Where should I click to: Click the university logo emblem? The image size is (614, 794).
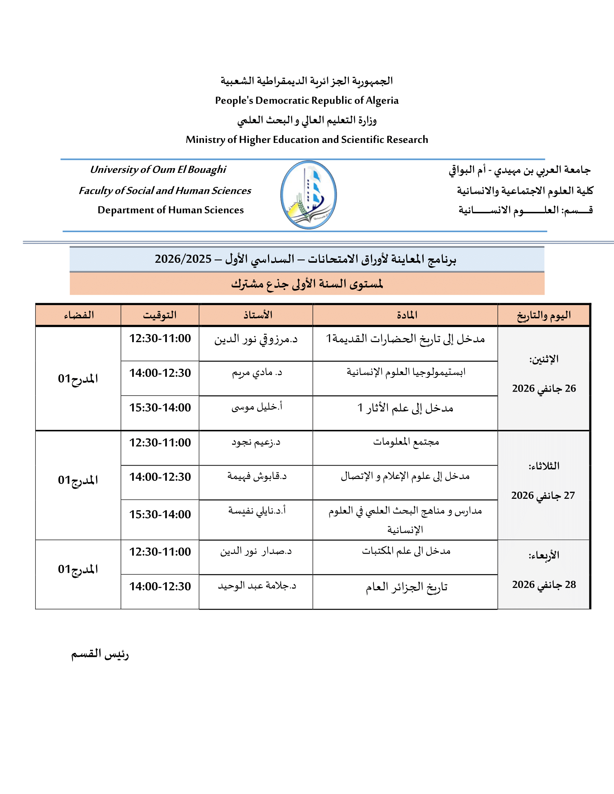pyautogui.click(x=308, y=195)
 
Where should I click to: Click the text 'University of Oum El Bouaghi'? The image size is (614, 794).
pyautogui.click(x=158, y=169)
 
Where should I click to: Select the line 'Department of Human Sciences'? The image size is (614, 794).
pyautogui.click(x=170, y=210)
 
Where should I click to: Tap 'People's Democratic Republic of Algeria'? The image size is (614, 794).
pyautogui.click(x=307, y=100)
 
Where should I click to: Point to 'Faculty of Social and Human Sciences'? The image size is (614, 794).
pyautogui.click(x=165, y=191)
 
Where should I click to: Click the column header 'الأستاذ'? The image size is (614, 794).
pyautogui.click(x=258, y=315)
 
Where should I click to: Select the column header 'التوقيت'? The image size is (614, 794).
pyautogui.click(x=160, y=315)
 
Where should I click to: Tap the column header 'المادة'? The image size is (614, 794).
pyautogui.click(x=407, y=315)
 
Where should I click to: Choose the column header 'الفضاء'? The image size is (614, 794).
pyautogui.click(x=79, y=315)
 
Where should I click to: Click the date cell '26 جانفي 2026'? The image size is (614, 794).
pyautogui.click(x=544, y=388)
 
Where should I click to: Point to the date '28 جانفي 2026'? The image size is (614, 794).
pyautogui.click(x=544, y=585)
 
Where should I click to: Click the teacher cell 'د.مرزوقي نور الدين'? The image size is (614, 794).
pyautogui.click(x=256, y=339)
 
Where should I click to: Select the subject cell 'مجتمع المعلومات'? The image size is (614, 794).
pyautogui.click(x=406, y=442)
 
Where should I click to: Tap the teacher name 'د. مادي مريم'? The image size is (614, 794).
pyautogui.click(x=257, y=373)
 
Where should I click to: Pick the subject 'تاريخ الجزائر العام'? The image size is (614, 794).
pyautogui.click(x=406, y=587)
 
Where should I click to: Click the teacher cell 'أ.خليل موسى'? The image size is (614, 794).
pyautogui.click(x=257, y=407)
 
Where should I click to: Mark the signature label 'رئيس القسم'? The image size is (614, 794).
pyautogui.click(x=100, y=654)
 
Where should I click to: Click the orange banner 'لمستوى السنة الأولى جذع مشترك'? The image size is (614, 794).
pyautogui.click(x=307, y=284)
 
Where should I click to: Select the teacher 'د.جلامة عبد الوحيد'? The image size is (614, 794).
pyautogui.click(x=257, y=586)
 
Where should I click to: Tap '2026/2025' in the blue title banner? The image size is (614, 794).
pyautogui.click(x=183, y=259)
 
